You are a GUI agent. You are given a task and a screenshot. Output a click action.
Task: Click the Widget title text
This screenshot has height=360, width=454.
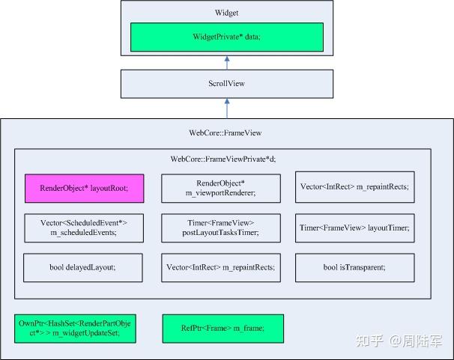point(226,13)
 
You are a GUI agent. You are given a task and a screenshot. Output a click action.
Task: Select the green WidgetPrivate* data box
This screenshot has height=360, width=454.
point(226,37)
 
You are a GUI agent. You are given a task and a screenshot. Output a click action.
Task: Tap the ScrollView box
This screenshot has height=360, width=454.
point(226,84)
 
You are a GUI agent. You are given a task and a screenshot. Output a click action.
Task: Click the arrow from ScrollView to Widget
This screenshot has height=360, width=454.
point(226,62)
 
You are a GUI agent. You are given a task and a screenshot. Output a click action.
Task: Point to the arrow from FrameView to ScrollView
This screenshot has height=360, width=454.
point(226,108)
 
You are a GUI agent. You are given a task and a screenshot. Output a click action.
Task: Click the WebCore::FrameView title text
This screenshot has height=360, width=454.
point(226,132)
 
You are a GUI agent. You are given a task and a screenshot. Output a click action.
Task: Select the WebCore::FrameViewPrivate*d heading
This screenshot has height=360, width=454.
point(222,159)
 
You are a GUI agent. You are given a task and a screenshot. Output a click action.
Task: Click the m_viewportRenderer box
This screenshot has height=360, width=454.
point(221,188)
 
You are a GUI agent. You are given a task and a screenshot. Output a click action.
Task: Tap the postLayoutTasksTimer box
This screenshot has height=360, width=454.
point(221,228)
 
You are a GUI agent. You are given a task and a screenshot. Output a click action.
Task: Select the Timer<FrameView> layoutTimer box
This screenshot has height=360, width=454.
point(354,228)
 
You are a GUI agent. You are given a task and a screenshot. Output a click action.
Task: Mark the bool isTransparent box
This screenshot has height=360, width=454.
point(354,267)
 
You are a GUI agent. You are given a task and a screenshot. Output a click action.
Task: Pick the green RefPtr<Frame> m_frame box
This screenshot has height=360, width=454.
point(223,328)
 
